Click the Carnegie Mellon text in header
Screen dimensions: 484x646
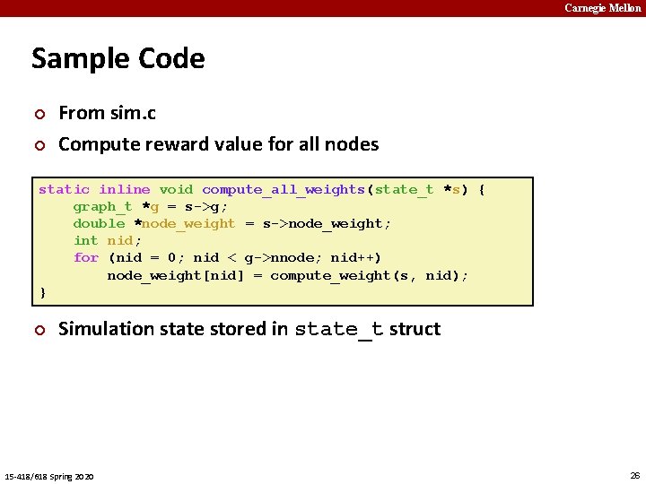602,8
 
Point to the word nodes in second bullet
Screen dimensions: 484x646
354,143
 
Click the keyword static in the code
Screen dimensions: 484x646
64,189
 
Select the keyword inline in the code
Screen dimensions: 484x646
124,189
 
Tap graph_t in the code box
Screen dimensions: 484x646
102,206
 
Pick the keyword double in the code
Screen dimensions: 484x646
99,223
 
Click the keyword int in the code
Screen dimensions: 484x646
85,240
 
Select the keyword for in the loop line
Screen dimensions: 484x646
85,257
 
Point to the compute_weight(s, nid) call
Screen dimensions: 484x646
368,275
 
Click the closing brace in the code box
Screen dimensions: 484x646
42,292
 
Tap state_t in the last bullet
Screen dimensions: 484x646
338,329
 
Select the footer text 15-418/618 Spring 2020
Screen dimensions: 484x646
49,475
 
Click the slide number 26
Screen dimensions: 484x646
634,474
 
